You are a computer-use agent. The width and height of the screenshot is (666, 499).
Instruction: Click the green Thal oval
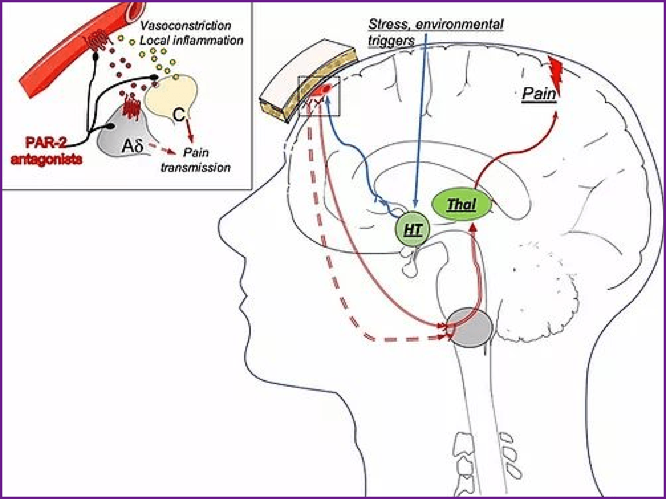(x=462, y=206)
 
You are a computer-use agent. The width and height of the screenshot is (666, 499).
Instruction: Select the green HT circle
(x=412, y=230)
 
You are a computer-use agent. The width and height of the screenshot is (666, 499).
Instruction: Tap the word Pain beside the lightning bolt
(x=539, y=94)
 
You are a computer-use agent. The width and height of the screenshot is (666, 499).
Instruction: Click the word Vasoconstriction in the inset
(x=186, y=26)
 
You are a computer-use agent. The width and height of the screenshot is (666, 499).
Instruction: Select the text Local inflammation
(x=191, y=40)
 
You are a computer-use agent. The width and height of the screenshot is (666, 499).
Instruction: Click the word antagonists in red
(x=46, y=159)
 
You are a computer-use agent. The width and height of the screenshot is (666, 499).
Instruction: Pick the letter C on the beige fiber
(x=178, y=114)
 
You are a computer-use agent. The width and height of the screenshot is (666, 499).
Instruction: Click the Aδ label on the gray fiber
(x=131, y=147)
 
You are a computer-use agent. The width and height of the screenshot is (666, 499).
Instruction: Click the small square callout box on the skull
(x=319, y=96)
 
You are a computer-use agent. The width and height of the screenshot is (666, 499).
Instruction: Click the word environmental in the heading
(x=460, y=24)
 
